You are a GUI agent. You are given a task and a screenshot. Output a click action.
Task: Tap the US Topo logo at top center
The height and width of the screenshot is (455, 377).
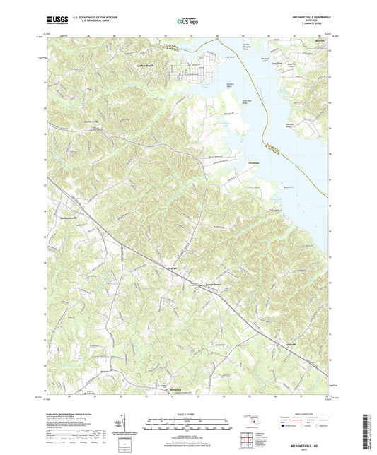188,22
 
